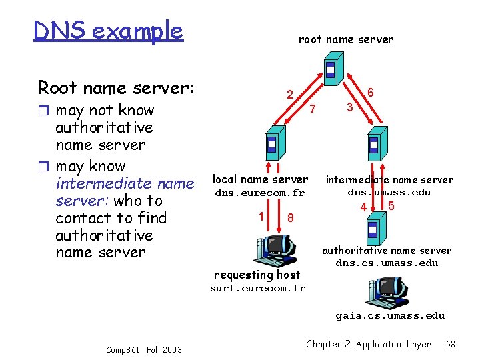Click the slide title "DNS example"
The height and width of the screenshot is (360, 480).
108,31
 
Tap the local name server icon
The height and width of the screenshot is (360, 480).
271,145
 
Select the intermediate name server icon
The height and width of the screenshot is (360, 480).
373,145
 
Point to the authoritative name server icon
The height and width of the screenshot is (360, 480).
373,230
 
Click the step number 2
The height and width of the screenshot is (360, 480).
289,95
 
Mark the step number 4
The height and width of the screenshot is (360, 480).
363,208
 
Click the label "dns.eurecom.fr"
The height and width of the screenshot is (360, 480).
259,193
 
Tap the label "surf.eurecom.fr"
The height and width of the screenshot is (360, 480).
257,289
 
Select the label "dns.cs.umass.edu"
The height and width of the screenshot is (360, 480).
387,263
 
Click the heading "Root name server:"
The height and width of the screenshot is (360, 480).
116,87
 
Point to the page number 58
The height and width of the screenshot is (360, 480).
451,344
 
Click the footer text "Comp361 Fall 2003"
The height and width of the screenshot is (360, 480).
143,349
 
